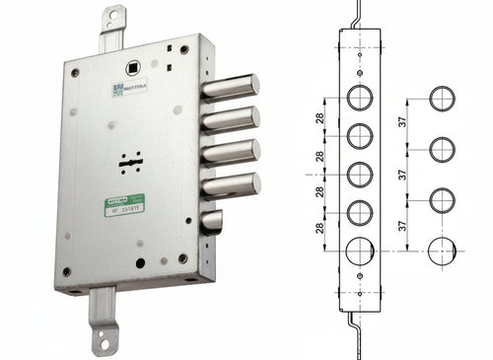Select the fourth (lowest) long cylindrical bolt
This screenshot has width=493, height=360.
point(232,184)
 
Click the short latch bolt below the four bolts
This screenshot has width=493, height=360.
point(211,223)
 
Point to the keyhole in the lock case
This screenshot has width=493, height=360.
point(128,163)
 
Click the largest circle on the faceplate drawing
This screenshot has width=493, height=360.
point(359,252)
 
